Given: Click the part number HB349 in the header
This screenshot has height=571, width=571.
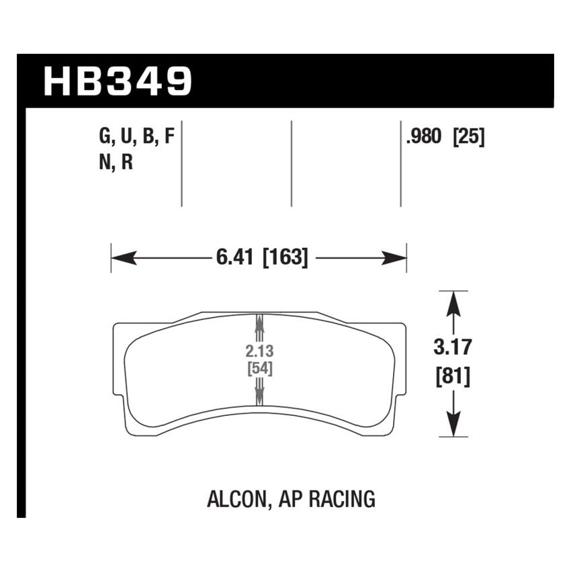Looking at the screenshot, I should click(x=118, y=81).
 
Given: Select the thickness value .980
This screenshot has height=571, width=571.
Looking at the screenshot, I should click(x=423, y=137).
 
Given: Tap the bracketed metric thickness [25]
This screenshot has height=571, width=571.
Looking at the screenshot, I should click(x=469, y=137).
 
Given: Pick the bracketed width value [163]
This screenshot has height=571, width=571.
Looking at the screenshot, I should click(x=285, y=257).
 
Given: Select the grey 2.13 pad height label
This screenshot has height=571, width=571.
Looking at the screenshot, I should click(x=259, y=351).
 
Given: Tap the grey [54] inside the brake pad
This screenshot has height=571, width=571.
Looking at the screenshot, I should click(x=259, y=368).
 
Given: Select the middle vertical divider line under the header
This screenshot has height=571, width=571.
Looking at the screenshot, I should click(x=292, y=163).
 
